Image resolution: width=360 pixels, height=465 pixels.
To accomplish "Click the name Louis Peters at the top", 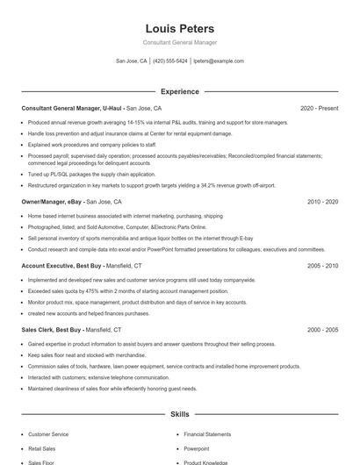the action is tap(179, 29).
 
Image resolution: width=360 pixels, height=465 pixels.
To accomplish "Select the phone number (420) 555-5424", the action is tap(170, 61).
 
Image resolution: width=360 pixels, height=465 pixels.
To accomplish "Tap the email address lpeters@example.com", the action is tap(219, 61).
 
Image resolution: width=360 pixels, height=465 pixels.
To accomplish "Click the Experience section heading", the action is tap(179, 91).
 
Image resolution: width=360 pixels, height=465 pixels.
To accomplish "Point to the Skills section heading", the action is tap(179, 413).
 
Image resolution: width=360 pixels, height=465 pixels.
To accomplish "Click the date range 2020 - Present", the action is tap(319, 108).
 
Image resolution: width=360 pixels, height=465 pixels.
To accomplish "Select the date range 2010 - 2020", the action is tap(321, 202).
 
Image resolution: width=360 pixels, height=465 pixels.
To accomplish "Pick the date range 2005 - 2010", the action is tap(321, 265).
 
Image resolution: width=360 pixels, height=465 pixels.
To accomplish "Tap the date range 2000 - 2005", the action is tap(321, 329).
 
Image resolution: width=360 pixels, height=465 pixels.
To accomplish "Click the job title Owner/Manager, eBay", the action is tap(51, 202).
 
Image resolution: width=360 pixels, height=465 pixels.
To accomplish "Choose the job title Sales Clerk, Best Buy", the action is tap(52, 329).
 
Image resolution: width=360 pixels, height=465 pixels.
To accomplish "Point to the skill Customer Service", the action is tap(48, 434).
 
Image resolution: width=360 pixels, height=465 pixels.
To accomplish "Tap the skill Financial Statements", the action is tap(207, 434).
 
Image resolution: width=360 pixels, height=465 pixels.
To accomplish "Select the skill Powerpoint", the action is tap(197, 448).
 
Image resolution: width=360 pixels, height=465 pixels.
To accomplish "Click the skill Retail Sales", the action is tap(43, 448).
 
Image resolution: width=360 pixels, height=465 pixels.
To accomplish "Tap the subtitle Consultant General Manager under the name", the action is tap(179, 42).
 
